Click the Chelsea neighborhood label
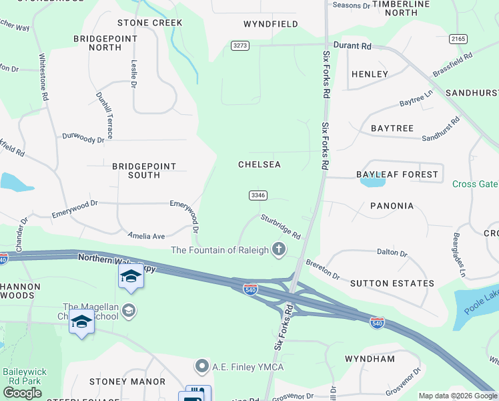coord(260,164)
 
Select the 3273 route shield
coord(240,45)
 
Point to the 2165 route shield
coord(458,39)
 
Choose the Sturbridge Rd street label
coord(281,227)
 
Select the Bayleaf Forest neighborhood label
coord(398,174)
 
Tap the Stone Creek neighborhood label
coord(149,23)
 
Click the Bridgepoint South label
coord(144,170)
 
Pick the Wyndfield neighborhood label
coord(271,24)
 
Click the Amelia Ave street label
coord(147,236)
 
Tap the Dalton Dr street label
coord(392,253)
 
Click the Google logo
coord(22,393)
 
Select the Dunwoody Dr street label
coord(83,138)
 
